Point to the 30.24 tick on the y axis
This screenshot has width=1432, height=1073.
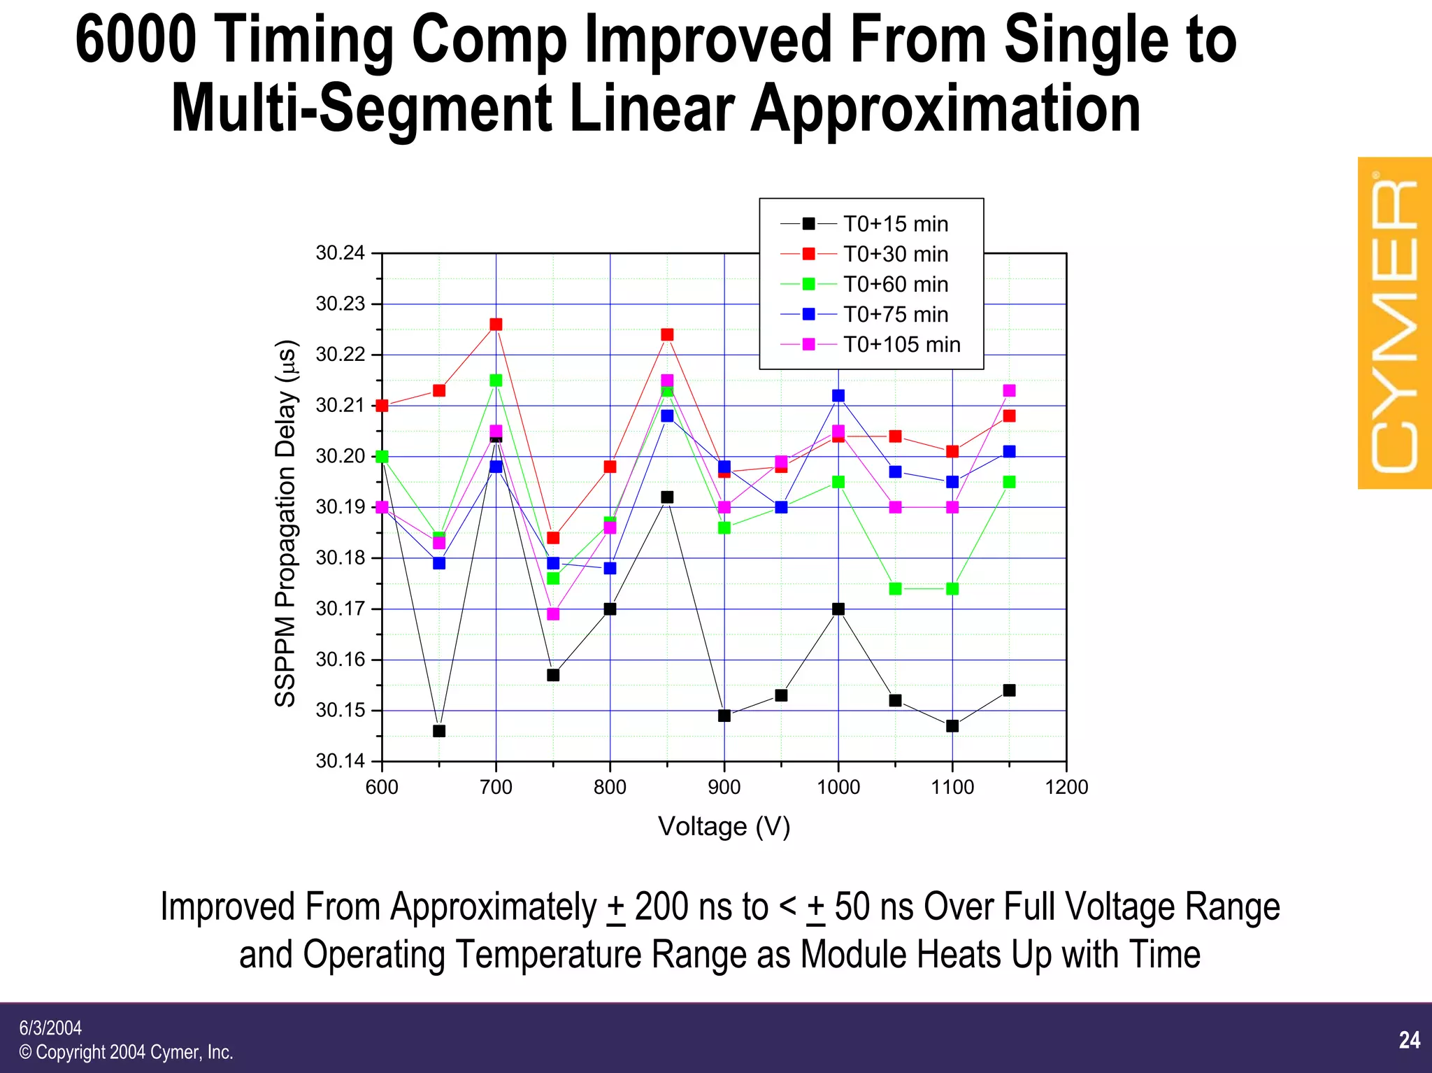click(x=341, y=253)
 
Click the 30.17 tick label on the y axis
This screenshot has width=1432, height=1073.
click(x=341, y=609)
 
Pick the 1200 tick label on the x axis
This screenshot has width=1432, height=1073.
click(x=1066, y=787)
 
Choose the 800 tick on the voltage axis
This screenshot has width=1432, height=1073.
click(x=610, y=787)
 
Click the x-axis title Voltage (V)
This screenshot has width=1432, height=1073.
click(x=724, y=826)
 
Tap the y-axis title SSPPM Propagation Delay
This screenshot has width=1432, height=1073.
click(x=286, y=523)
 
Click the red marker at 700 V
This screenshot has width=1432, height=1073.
click(x=496, y=325)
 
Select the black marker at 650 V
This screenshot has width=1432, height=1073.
click(x=439, y=731)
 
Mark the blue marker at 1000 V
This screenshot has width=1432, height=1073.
click(x=838, y=396)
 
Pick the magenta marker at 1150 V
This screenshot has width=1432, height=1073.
click(x=1009, y=390)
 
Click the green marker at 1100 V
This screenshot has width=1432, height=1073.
click(x=952, y=589)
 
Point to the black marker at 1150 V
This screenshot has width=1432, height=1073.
click(x=1009, y=690)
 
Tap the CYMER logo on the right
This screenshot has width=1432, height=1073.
click(x=1394, y=323)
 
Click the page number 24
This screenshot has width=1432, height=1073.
click(x=1409, y=1040)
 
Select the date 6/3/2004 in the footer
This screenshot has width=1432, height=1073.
click(x=50, y=1028)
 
